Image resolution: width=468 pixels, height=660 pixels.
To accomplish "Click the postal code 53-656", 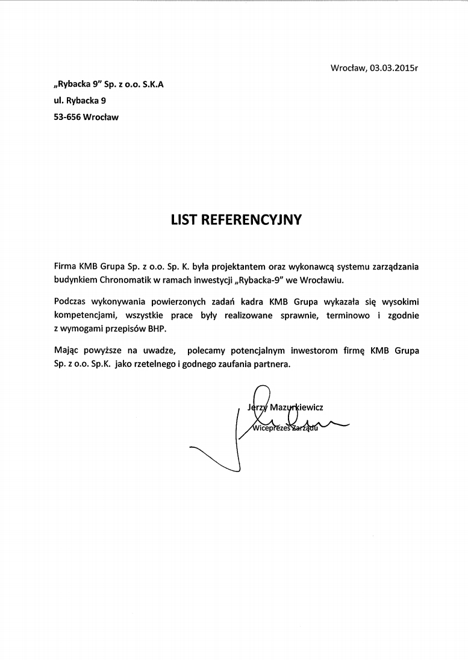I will click(x=67, y=118).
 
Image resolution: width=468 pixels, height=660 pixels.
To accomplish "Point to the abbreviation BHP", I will click(x=156, y=330).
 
